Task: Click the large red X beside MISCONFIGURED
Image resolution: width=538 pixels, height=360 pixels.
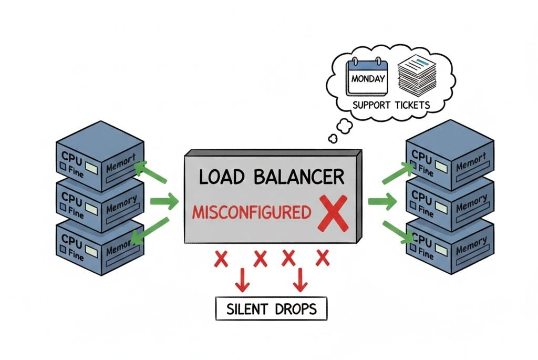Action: [x=333, y=213]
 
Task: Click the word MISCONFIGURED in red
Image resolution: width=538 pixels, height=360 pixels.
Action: [x=251, y=213]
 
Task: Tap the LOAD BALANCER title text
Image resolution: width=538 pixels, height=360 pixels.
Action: [x=272, y=177]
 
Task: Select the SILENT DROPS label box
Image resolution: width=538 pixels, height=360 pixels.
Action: [x=271, y=308]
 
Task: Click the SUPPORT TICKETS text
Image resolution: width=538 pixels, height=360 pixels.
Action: [x=391, y=105]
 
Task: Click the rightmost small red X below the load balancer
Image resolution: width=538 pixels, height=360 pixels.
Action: [x=322, y=258]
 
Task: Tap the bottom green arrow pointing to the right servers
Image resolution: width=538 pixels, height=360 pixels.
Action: [x=398, y=232]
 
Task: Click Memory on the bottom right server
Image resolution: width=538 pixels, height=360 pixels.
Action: [x=471, y=245]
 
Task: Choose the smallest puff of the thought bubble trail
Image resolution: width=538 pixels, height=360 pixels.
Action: [x=333, y=139]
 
